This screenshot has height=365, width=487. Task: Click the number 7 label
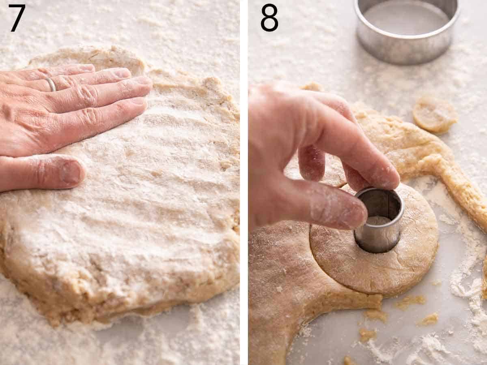click(x=17, y=18)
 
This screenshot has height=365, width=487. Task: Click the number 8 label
click(x=269, y=18)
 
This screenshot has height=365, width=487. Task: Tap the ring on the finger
click(x=51, y=84)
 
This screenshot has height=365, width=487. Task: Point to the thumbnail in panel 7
click(x=71, y=172)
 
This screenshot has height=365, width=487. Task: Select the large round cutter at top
click(x=407, y=30)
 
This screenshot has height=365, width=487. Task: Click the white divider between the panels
click(x=244, y=182)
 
